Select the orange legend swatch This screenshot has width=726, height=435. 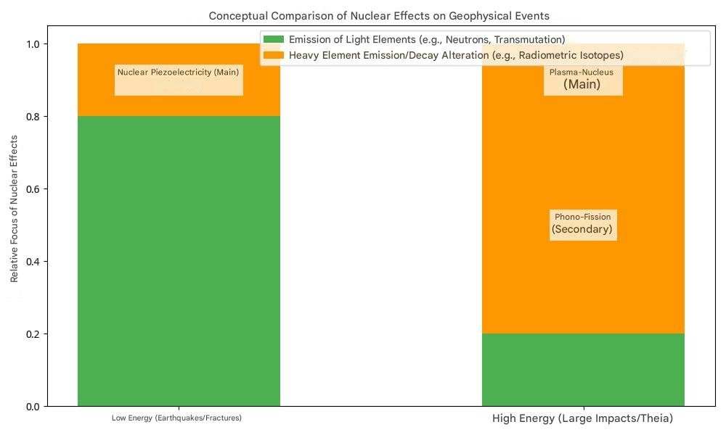tap(274, 55)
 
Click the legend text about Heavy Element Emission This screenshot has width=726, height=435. tap(456, 55)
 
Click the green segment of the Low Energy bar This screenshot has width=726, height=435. tap(179, 261)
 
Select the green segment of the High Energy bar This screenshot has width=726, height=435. tap(583, 370)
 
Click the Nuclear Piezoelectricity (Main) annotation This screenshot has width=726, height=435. tap(179, 72)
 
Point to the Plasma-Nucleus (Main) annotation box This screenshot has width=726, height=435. tap(582, 79)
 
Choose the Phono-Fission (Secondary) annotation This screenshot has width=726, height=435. tap(582, 223)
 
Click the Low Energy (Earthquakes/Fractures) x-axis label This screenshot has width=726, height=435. tap(176, 418)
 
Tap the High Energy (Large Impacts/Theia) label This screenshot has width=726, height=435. tap(582, 419)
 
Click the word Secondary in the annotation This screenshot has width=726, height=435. tap(582, 230)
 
